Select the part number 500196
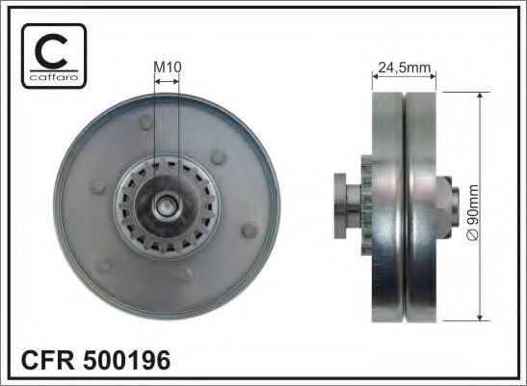click(x=128, y=361)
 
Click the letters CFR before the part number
click(x=46, y=361)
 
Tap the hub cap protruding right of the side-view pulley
click(x=449, y=202)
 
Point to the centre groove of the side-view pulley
click(x=406, y=205)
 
